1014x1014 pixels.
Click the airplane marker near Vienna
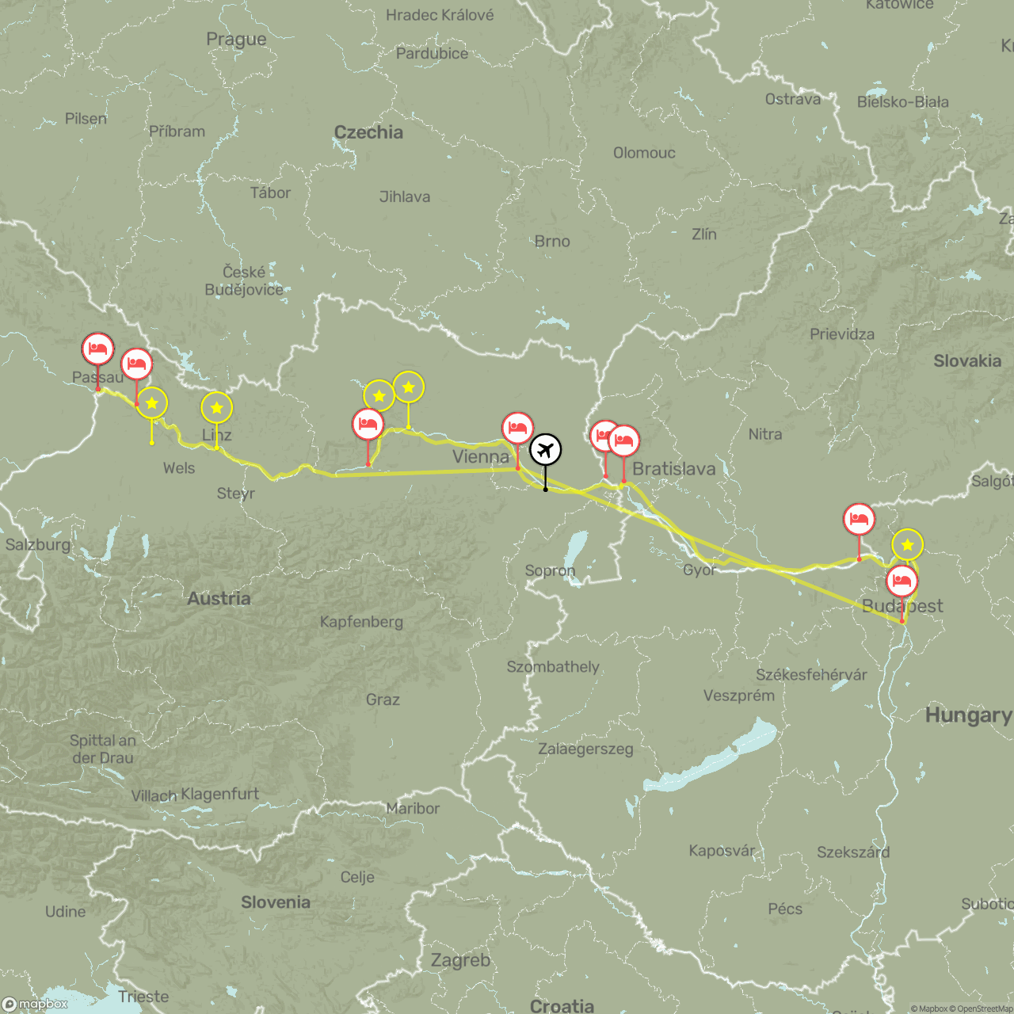545,450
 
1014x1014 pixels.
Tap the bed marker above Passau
97,349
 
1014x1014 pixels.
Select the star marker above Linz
216,408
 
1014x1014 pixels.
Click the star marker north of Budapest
907,545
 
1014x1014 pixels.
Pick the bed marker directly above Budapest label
902,581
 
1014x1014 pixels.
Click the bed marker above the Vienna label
517,429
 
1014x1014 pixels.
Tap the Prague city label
236,39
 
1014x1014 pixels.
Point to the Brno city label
552,241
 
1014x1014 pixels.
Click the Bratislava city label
673,469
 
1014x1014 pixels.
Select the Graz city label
383,700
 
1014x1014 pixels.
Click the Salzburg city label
38,544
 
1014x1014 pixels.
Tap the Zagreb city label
460,960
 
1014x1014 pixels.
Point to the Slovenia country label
276,902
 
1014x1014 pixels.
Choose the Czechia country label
368,132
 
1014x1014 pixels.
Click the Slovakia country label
967,361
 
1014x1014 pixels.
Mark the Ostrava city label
792,99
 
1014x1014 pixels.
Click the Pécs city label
785,909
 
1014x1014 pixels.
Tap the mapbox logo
36,1004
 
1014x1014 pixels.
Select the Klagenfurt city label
219,794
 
